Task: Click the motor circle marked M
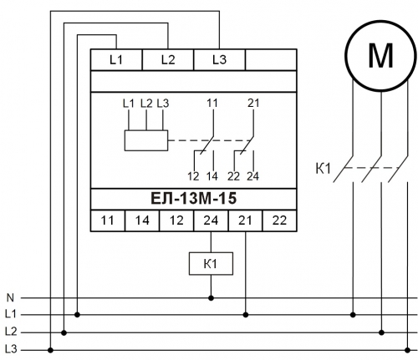point(380,55)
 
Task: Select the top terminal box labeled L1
point(116,59)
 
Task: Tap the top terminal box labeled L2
point(168,59)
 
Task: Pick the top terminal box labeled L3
point(219,59)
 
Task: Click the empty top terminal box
point(271,59)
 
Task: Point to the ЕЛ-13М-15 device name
point(193,199)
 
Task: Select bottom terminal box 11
point(108,221)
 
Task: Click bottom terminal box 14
point(142,221)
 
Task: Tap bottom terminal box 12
point(176,221)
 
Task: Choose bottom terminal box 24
point(211,221)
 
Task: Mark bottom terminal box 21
point(245,221)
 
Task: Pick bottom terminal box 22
point(279,221)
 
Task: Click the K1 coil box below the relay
point(211,264)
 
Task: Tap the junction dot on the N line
point(211,298)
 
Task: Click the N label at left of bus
point(10,298)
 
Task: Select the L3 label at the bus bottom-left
point(11,349)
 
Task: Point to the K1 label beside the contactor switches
point(323,169)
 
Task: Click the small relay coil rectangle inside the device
point(146,140)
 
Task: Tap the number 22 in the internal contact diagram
point(233,176)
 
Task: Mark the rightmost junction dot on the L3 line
point(408,350)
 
